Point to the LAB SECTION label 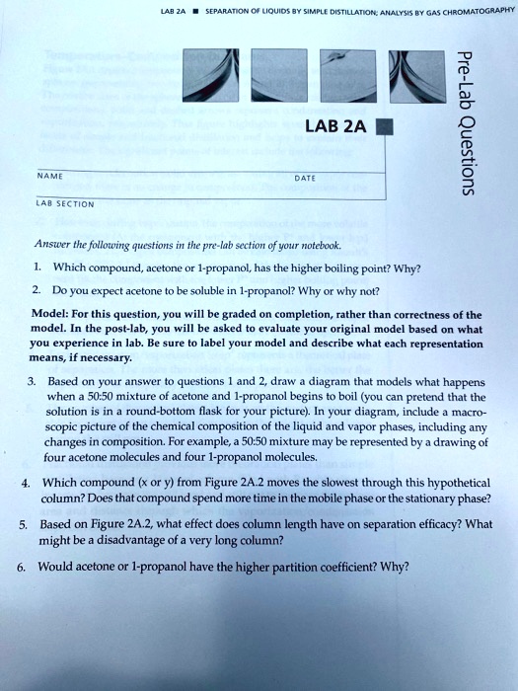pos(65,205)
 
